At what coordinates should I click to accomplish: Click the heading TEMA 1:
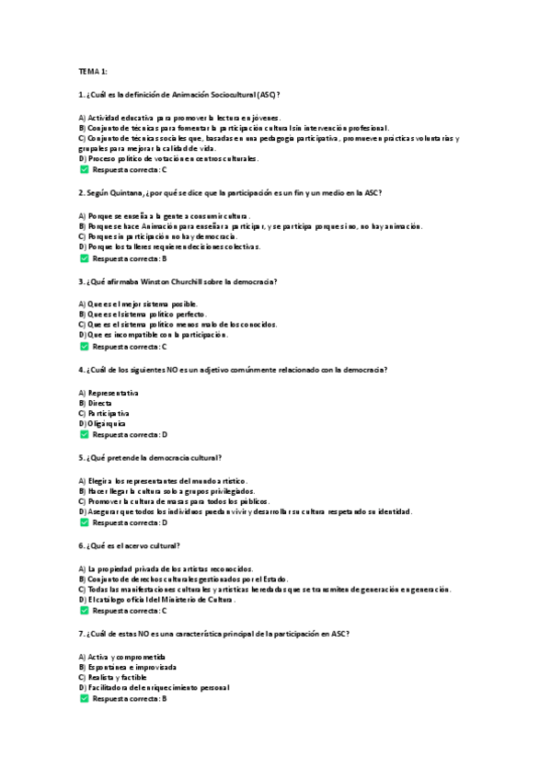point(93,71)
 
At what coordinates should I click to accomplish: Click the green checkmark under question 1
point(84,170)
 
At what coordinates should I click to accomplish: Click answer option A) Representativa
point(109,393)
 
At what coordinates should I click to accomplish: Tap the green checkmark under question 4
point(84,434)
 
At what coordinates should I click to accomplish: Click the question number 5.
point(83,457)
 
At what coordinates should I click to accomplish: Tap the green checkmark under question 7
point(84,699)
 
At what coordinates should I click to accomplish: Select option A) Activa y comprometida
point(122,657)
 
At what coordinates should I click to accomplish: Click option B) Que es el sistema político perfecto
point(143,314)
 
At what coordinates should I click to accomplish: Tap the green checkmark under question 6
point(84,611)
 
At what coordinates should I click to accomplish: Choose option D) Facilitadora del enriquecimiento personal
point(154,687)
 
